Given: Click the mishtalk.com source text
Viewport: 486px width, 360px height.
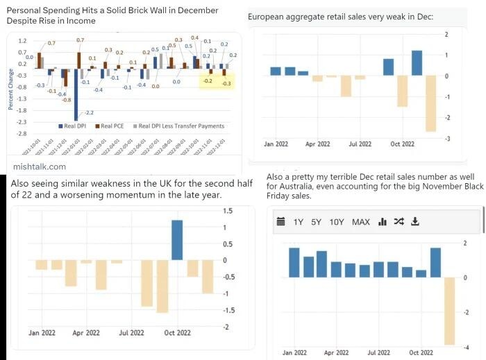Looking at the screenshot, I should (x=40, y=166).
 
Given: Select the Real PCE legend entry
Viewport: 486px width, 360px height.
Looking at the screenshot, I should (x=115, y=126).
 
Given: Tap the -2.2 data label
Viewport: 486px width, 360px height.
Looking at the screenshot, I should (x=90, y=112).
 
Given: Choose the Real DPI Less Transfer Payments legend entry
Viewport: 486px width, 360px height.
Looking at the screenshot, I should (x=181, y=126).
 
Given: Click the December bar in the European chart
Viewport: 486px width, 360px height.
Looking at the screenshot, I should (x=430, y=103).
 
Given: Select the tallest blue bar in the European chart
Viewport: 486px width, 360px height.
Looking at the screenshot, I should (x=417, y=63).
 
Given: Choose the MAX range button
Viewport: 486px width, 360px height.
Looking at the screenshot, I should (x=361, y=203).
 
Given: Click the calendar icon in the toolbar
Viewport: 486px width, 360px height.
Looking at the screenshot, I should (x=281, y=203).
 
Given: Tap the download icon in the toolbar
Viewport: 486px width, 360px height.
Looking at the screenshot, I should (x=415, y=203).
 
